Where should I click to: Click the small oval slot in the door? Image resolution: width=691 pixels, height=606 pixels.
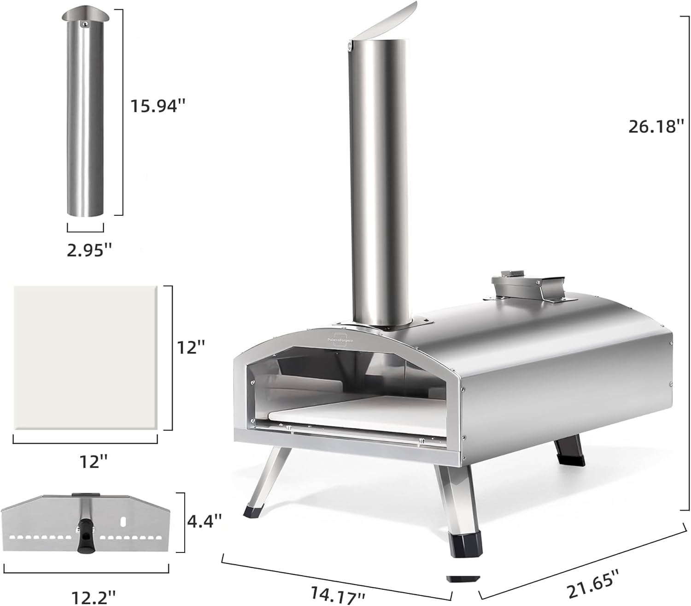pos(123,521)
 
